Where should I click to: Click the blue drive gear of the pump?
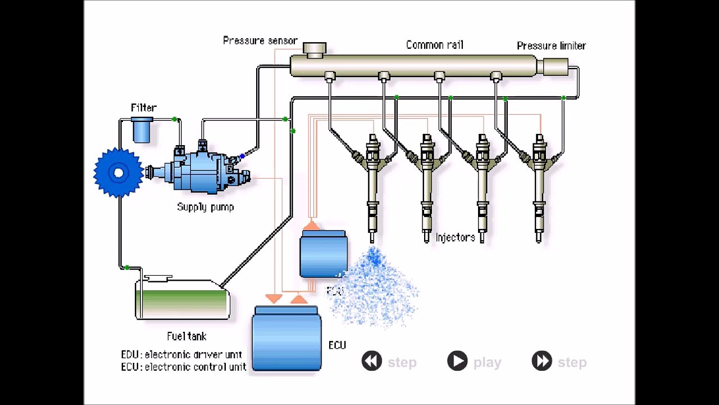point(118,173)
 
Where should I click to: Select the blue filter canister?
point(142,130)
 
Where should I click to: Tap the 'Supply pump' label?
point(205,207)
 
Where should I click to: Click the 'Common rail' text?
point(434,45)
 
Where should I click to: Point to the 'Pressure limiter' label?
point(551,46)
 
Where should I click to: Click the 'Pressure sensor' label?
point(260,40)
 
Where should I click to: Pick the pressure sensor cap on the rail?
point(315,49)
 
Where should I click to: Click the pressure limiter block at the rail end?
point(553,66)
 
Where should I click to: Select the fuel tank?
point(182,300)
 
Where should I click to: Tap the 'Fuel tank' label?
point(186,336)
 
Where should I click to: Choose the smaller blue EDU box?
point(324,255)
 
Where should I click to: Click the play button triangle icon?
point(457,361)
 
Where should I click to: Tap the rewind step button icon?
point(372,361)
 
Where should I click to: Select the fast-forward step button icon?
point(541,361)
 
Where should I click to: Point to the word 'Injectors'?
point(455,237)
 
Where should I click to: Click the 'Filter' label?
point(143,107)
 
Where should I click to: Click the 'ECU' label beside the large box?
point(337,345)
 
